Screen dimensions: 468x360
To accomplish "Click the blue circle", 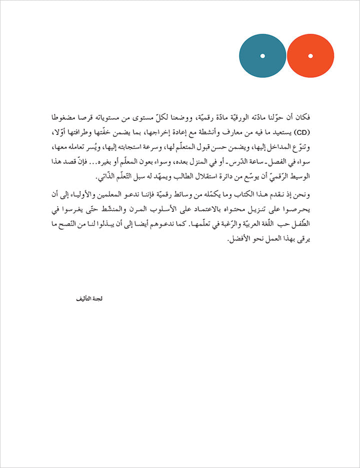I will click(262, 55).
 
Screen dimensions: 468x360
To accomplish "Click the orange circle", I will click(310, 55).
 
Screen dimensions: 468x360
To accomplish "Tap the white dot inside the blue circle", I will click(262, 55).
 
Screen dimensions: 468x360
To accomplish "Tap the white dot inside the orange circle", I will click(310, 55).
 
